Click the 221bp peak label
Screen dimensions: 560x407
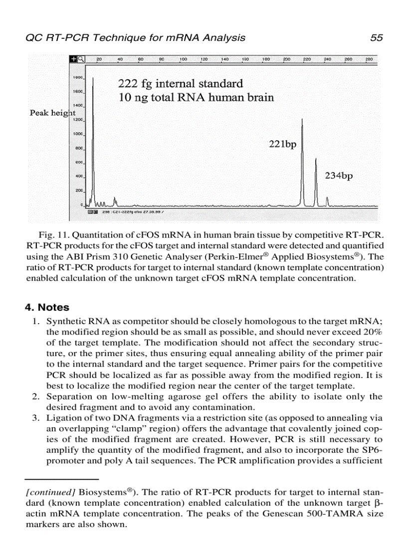tap(282, 145)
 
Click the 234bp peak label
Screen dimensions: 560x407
tap(339, 176)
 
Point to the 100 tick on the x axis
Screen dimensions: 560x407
tap(183, 59)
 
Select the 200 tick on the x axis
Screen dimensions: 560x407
tap(287, 59)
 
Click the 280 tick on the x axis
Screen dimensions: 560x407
tap(369, 59)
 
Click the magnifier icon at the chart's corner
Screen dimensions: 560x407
tap(81, 59)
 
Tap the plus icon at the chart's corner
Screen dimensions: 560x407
tap(74, 59)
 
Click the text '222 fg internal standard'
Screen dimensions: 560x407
tap(180, 83)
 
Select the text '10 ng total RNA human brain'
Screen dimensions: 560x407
tap(196, 97)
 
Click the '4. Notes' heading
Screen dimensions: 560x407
tap(47, 307)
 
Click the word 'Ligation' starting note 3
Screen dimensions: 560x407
tap(62, 418)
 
